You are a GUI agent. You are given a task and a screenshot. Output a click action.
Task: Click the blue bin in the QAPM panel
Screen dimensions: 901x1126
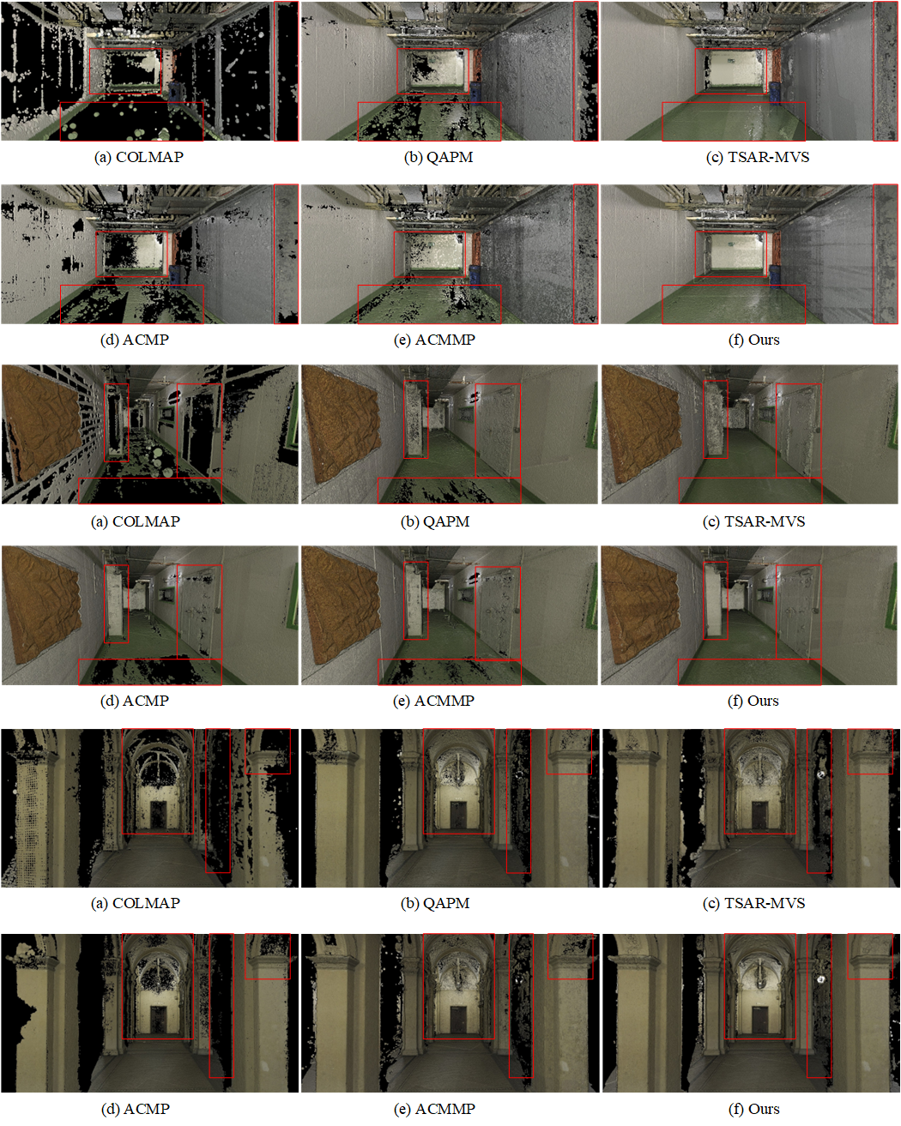point(476,89)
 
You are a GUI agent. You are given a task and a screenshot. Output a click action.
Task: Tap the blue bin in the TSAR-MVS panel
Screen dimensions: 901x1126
point(774,89)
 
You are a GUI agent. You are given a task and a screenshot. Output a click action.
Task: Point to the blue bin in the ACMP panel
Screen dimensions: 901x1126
point(176,273)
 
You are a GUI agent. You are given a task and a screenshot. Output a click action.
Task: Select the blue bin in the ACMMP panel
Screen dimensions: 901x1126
point(475,273)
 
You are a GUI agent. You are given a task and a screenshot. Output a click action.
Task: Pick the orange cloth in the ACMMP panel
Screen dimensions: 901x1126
point(342,605)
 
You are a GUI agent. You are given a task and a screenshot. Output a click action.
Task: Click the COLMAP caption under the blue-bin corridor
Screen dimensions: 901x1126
point(139,157)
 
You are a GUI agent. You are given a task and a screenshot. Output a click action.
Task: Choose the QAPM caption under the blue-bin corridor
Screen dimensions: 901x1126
point(438,157)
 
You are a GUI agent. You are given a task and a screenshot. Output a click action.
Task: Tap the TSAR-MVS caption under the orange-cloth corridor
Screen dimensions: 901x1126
point(753,521)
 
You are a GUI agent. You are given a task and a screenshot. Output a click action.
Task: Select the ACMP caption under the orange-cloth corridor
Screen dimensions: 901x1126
point(135,701)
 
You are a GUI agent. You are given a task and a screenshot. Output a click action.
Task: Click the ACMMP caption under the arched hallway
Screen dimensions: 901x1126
point(434,1109)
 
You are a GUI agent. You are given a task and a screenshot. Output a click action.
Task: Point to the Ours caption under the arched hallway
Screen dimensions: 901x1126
point(753,1109)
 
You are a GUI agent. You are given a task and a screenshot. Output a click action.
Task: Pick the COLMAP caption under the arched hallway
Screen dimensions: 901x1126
point(135,903)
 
